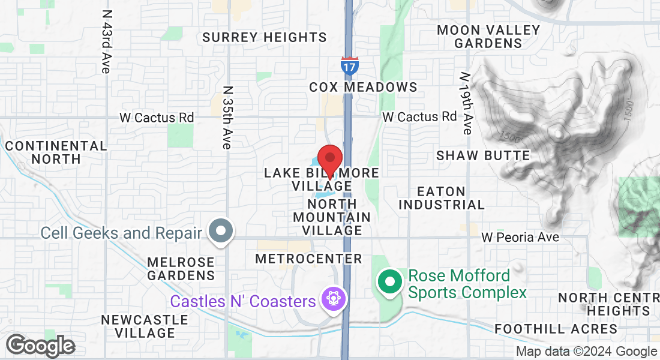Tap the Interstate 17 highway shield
coord(349,65)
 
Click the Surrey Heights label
coord(264,37)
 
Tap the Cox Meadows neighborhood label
coord(363,87)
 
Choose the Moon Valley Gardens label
coord(488,37)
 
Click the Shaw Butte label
coord(483,155)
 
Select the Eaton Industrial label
coord(442,198)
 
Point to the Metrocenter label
coord(308,259)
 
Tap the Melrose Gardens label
coord(181,269)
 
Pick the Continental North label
coord(56,152)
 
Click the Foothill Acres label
coord(556,329)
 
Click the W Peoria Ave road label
coord(520,238)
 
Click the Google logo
coord(40,346)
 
